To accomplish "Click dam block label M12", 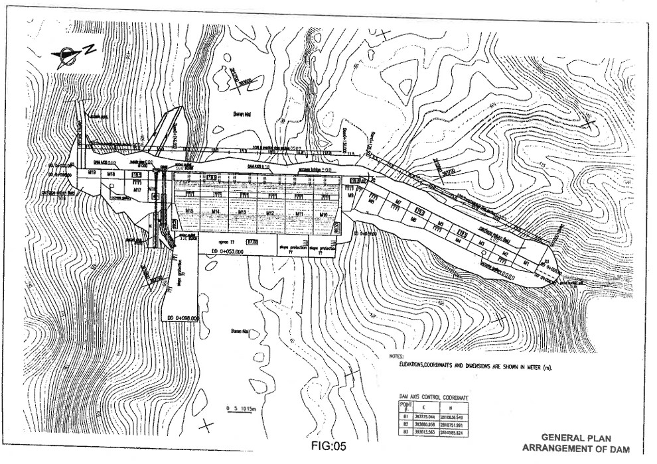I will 270,213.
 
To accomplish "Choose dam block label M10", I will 323,215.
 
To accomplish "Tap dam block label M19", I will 93,173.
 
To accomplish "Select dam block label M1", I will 526,263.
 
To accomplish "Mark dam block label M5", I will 439,225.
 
